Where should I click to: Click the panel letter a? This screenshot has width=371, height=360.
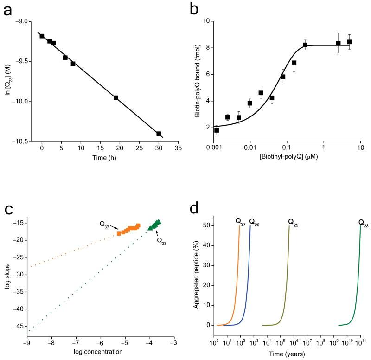(8, 10)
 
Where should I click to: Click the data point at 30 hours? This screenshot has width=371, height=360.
(159, 134)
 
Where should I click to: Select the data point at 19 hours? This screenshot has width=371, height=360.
(116, 97)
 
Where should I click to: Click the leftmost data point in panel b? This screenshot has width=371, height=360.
(217, 130)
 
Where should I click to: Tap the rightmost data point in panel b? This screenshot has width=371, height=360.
(349, 42)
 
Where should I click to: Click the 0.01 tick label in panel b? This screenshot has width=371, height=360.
(250, 149)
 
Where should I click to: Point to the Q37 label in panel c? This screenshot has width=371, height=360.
(105, 224)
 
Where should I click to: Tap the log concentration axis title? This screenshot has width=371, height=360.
(98, 351)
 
